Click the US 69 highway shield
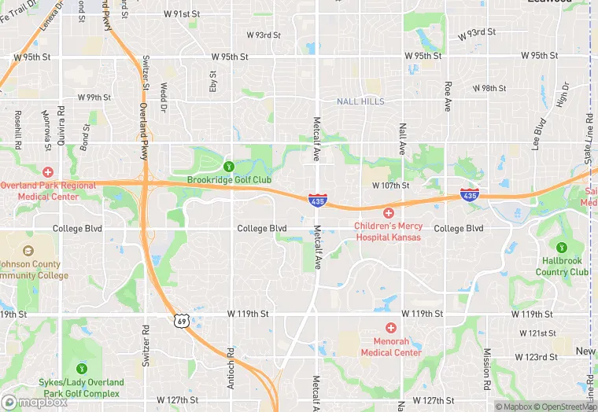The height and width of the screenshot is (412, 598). point(182,321)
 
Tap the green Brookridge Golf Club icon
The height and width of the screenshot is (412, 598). point(229,166)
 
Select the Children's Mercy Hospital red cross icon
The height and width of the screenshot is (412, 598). point(388,213)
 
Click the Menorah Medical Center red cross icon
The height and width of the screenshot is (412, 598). point(391,327)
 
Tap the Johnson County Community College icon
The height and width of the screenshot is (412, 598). point(28,251)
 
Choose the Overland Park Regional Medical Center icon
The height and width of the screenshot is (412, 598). point(48,171)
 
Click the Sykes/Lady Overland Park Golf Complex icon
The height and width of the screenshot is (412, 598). point(81,368)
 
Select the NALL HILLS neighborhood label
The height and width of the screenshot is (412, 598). point(360,101)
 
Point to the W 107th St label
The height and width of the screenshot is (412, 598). point(391,186)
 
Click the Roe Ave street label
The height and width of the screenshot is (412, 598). point(448,97)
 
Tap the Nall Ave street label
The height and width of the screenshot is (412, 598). point(402,138)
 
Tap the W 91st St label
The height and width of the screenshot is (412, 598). point(182,14)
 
